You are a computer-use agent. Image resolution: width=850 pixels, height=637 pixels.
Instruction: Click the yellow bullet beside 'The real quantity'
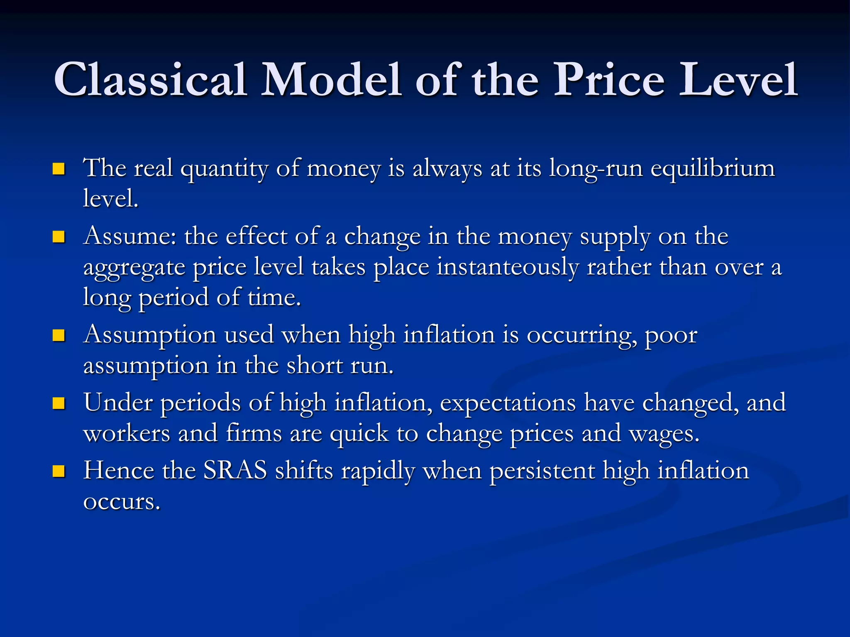(x=59, y=169)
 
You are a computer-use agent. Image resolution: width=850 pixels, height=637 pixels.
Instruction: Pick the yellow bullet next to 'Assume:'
(x=59, y=237)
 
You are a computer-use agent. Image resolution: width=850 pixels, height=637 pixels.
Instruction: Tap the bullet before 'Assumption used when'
(x=59, y=335)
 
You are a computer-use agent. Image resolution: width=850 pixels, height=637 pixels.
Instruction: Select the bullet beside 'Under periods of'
(x=59, y=403)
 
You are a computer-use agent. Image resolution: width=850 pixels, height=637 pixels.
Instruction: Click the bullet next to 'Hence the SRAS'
(x=59, y=471)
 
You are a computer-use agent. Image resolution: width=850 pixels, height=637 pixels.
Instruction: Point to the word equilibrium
(x=712, y=169)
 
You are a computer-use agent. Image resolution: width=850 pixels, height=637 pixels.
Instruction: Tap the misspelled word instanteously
(x=507, y=267)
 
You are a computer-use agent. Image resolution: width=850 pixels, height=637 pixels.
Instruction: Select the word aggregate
(x=134, y=267)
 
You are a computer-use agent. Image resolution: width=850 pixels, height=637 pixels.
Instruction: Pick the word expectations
(x=508, y=403)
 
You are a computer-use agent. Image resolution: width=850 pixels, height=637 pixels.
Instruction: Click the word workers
(x=127, y=433)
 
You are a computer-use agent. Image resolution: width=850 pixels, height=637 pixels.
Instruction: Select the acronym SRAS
(x=235, y=471)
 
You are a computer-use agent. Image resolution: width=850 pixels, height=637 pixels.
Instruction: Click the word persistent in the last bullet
(x=542, y=471)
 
